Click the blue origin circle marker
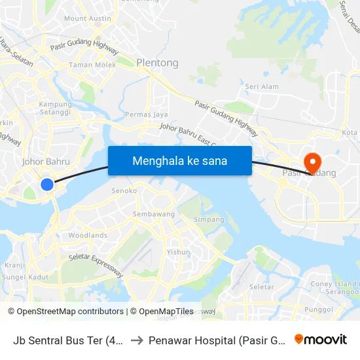pos(47,185)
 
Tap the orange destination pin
pos(312,161)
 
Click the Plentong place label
pos(157,63)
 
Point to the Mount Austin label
pos(88,18)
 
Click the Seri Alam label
pos(262,86)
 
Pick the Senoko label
pos(124,190)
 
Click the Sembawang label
pos(154,214)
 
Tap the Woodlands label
pos(88,235)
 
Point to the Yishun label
pos(178,251)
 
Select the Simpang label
pos(209,219)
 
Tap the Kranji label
pos(14,265)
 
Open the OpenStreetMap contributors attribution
pos(65,312)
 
